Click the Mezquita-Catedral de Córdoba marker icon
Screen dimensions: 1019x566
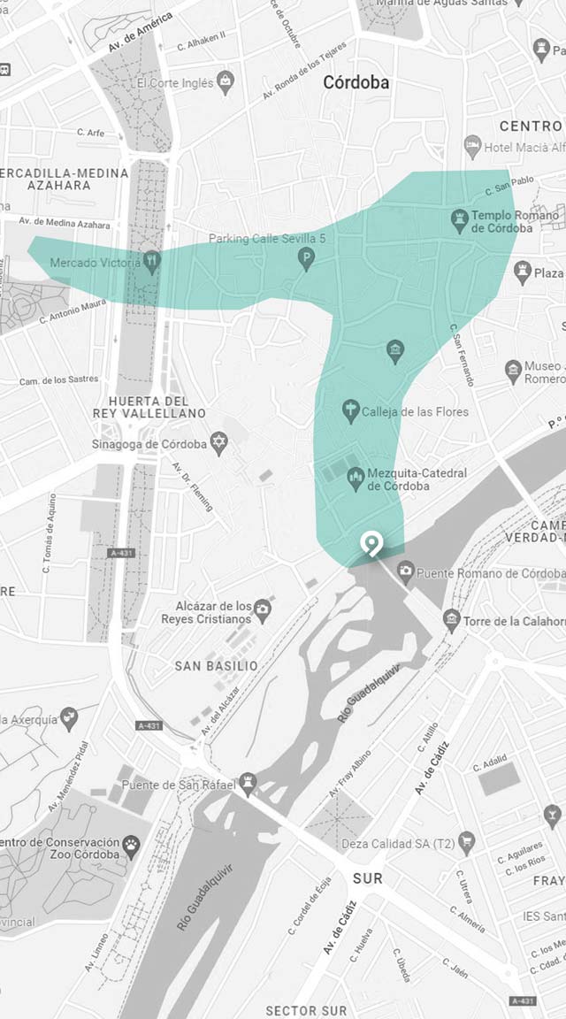(x=356, y=479)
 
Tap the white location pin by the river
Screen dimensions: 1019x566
(x=372, y=544)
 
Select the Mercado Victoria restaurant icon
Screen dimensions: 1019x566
(x=152, y=262)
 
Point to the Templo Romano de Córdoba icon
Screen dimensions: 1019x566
(x=459, y=218)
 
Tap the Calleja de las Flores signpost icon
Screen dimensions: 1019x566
(x=350, y=410)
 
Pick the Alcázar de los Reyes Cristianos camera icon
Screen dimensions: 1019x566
(x=262, y=608)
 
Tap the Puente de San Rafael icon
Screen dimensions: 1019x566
(x=249, y=784)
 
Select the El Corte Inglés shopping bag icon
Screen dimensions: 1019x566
(x=226, y=82)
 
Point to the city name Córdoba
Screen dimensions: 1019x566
(x=356, y=83)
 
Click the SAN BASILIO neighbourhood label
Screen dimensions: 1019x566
(x=217, y=665)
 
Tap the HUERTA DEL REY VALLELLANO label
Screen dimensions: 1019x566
(x=149, y=407)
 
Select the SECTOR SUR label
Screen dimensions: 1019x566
(x=307, y=1010)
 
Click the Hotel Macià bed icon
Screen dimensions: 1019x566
(x=473, y=144)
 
